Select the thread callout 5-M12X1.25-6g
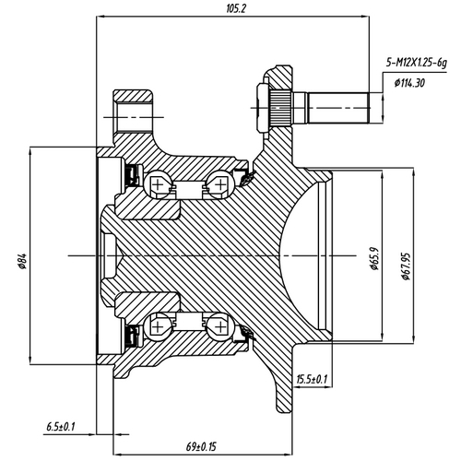[416, 63]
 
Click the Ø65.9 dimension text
[375, 255]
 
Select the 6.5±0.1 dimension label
[61, 426]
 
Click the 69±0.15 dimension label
[196, 447]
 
